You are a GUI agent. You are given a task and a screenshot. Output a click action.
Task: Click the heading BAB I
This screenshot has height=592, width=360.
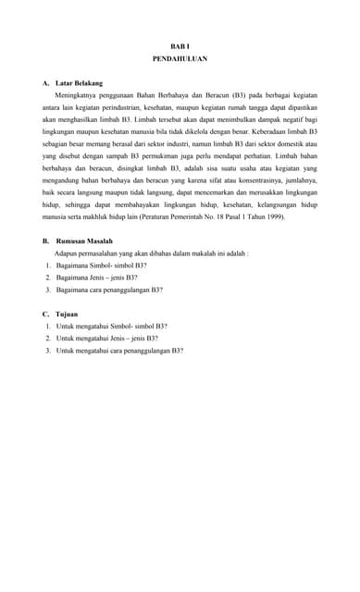coord(180,45)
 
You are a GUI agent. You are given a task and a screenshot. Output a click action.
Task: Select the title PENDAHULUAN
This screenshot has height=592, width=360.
coord(180,58)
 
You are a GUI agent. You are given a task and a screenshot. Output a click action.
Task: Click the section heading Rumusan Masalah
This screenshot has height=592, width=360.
coord(84,240)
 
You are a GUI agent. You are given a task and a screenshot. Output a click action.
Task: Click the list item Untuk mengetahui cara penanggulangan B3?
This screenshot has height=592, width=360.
coord(119,351)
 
